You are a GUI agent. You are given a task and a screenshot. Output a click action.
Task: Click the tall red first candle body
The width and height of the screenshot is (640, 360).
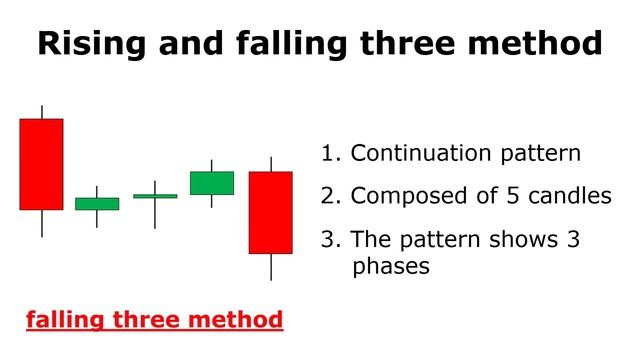click(41, 164)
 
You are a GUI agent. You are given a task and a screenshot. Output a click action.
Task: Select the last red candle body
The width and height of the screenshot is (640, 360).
click(271, 212)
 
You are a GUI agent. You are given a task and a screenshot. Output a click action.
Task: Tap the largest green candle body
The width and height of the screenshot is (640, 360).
click(212, 182)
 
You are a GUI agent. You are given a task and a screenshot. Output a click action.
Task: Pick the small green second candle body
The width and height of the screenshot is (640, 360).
click(97, 203)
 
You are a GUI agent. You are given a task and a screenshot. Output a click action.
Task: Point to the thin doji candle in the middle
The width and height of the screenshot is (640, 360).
click(155, 196)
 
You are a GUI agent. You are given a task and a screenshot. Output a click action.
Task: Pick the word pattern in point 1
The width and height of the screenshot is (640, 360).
click(541, 155)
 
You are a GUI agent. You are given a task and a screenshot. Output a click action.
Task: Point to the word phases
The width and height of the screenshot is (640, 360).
click(391, 268)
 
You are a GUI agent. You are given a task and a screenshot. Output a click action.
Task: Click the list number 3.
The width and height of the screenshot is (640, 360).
click(328, 240)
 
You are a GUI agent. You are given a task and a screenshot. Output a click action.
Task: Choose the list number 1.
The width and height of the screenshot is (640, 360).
click(328, 154)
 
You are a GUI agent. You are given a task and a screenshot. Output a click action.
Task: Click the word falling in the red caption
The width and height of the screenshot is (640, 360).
click(59, 321)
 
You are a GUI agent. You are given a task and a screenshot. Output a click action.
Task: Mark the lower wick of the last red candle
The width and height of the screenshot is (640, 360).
click(271, 267)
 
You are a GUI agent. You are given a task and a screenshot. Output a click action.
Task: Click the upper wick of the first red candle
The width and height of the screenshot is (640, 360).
click(41, 111)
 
